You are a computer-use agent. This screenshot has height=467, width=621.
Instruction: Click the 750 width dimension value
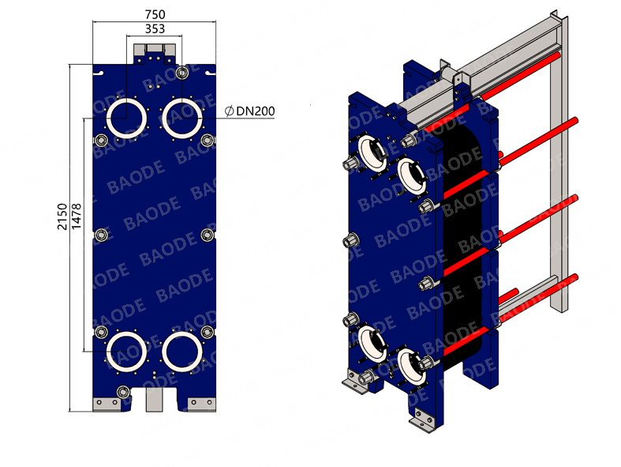(155, 15)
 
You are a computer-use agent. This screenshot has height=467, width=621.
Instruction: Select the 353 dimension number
(155, 29)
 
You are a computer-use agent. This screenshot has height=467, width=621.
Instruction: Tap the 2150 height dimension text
(62, 217)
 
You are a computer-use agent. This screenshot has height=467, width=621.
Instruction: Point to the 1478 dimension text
(77, 217)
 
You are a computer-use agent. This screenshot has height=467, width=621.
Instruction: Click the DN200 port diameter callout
(256, 111)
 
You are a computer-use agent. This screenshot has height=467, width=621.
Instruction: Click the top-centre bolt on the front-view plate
(182, 73)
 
